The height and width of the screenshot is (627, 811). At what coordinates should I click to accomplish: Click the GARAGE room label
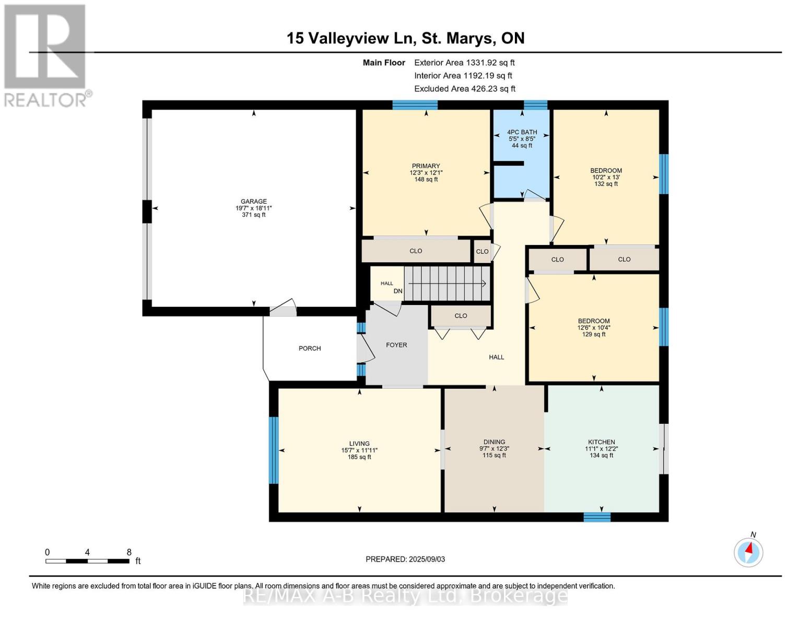254,201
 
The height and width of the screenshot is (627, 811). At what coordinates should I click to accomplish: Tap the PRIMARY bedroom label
426,166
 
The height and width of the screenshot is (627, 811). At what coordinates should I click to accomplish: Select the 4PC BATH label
522,132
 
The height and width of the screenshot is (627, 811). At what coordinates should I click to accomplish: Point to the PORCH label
310,349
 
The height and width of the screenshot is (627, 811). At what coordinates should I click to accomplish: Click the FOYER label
396,345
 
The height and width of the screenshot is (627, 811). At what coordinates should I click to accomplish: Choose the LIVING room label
359,444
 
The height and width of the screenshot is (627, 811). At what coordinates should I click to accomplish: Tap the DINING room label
494,442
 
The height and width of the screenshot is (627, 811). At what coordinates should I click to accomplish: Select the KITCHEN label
601,442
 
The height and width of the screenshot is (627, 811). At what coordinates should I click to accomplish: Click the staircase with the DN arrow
447,284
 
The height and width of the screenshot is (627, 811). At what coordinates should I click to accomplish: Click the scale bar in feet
87,561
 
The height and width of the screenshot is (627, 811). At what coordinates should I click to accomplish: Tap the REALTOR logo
45,55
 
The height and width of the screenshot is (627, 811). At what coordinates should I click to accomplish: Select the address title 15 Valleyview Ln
405,38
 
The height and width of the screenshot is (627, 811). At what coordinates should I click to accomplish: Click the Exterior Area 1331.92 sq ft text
464,63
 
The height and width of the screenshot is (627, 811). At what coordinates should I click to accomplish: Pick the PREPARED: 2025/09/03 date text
405,559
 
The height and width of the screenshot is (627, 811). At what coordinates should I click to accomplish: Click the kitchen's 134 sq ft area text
601,456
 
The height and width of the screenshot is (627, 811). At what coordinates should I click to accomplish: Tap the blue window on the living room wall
274,450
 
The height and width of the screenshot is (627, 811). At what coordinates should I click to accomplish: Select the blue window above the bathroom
535,105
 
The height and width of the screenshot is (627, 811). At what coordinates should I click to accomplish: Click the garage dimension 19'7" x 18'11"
254,208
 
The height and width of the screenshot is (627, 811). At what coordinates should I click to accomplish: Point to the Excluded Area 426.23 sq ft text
464,89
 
